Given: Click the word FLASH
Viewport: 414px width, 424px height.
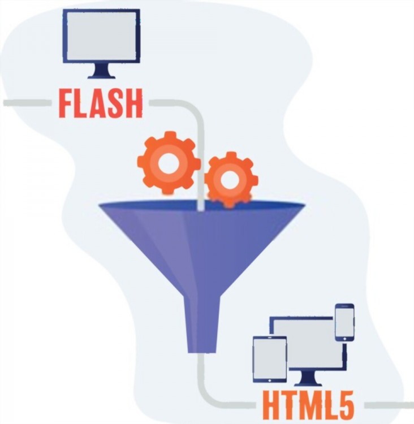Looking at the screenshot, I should coord(100,103).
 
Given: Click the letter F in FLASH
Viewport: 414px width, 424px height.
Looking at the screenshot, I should coord(66,103).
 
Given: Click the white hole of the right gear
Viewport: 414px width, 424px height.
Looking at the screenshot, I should coord(231,180).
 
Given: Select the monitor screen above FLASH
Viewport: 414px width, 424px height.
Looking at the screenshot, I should coord(101,35).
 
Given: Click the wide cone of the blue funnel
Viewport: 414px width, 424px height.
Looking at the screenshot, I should coord(201,237).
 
